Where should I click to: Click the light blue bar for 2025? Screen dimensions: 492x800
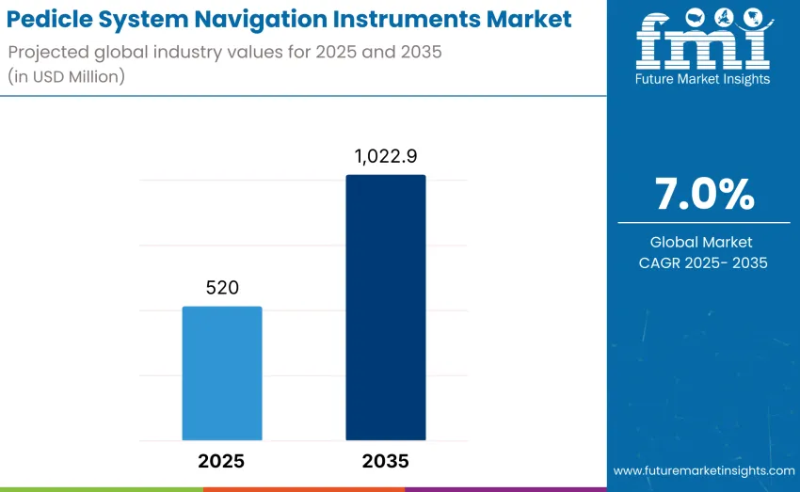point(222,373)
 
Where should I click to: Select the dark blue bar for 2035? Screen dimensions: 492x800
point(385,308)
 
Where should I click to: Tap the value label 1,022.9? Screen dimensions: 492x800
point(386,157)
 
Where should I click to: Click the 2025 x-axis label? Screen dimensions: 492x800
point(222,461)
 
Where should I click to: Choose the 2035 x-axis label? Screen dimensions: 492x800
point(386,461)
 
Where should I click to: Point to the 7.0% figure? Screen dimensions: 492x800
point(704,194)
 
